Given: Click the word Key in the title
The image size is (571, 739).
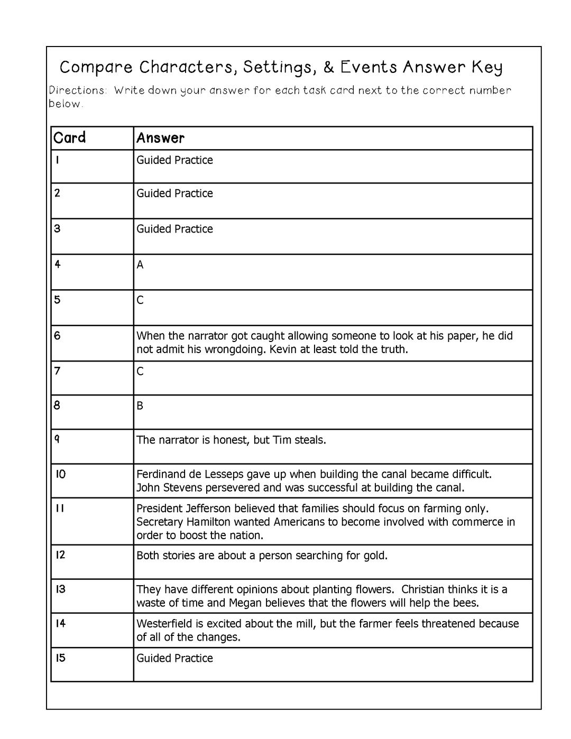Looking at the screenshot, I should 487,68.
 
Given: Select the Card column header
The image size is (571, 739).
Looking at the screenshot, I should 69,138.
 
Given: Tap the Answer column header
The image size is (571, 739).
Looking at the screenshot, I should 160,138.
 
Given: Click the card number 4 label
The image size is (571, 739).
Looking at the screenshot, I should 58,264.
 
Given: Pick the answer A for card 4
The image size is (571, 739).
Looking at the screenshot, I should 140,265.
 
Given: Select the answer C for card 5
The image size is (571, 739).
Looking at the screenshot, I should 140,300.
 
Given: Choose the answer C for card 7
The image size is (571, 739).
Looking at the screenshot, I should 140,372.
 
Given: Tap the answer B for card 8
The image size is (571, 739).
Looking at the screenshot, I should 140,406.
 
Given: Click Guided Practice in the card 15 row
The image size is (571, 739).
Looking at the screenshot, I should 174,658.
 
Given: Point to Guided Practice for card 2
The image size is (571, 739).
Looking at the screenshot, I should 174,193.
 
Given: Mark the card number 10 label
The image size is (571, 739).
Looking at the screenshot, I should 61,474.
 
